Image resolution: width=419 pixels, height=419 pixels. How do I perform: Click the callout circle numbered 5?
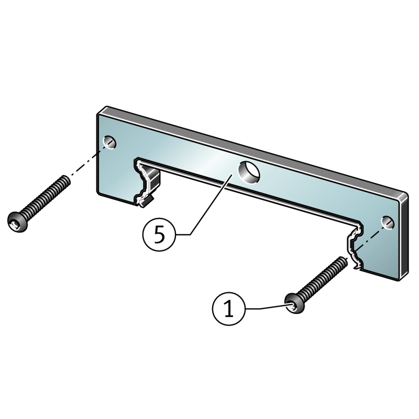[159, 234]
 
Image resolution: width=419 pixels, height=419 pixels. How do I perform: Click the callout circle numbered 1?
[228, 308]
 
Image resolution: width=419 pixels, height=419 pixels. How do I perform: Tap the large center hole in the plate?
[249, 173]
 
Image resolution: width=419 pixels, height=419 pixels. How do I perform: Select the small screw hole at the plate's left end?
[109, 142]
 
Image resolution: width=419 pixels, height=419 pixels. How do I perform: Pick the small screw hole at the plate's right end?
[388, 223]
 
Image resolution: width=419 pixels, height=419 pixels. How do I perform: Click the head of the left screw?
[18, 222]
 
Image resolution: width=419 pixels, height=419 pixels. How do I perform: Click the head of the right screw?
[295, 304]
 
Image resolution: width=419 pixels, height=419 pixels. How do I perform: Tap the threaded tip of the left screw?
[67, 179]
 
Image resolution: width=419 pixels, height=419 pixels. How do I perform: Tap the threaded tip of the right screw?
[344, 260]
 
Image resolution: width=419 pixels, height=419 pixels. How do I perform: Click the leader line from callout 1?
[266, 307]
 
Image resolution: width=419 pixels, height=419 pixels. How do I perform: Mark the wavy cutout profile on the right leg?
[355, 245]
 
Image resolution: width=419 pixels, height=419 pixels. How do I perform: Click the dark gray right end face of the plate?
[403, 238]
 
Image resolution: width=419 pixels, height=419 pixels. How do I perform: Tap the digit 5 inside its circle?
[159, 235]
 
